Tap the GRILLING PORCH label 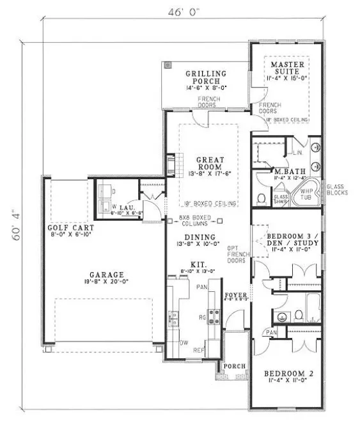coord(203,77)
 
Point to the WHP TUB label coord(307,193)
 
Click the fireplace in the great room coord(171,164)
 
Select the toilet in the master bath coord(262,197)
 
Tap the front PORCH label coord(237,366)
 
